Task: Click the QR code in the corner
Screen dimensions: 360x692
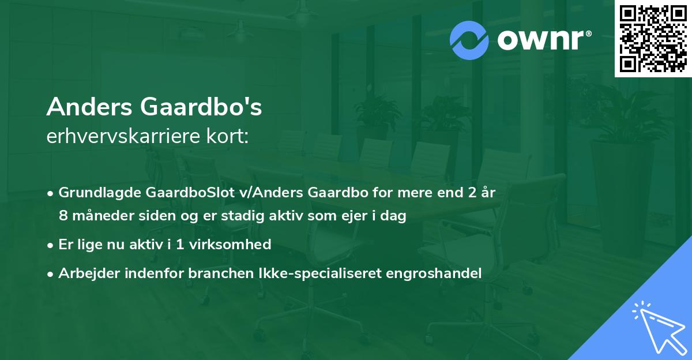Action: [x=653, y=39]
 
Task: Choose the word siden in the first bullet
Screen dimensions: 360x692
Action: [x=159, y=216]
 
